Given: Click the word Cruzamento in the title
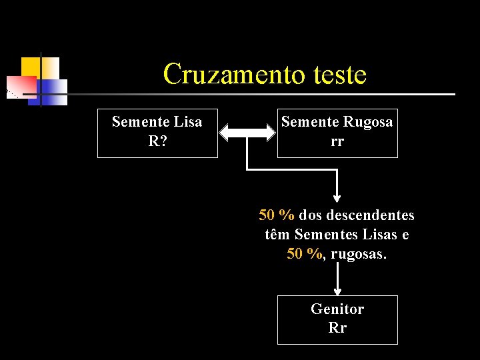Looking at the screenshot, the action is pyautogui.click(x=227, y=74).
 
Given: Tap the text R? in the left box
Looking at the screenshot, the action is pyautogui.click(x=157, y=141).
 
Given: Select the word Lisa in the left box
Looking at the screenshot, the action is pyautogui.click(x=187, y=122).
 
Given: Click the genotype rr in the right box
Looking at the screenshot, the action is pyautogui.click(x=337, y=141).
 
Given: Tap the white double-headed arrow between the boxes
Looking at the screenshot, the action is pyautogui.click(x=247, y=133).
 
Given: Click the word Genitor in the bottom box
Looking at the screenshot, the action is pyautogui.click(x=337, y=309).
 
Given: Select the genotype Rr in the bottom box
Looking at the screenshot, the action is pyautogui.click(x=337, y=327).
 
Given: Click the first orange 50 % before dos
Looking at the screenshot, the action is pyautogui.click(x=277, y=215).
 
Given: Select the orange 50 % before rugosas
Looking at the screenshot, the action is pyautogui.click(x=305, y=254).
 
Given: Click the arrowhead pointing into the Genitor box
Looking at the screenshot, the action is pyautogui.click(x=337, y=291).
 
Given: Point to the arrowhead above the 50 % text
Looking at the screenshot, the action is pyautogui.click(x=337, y=197).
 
